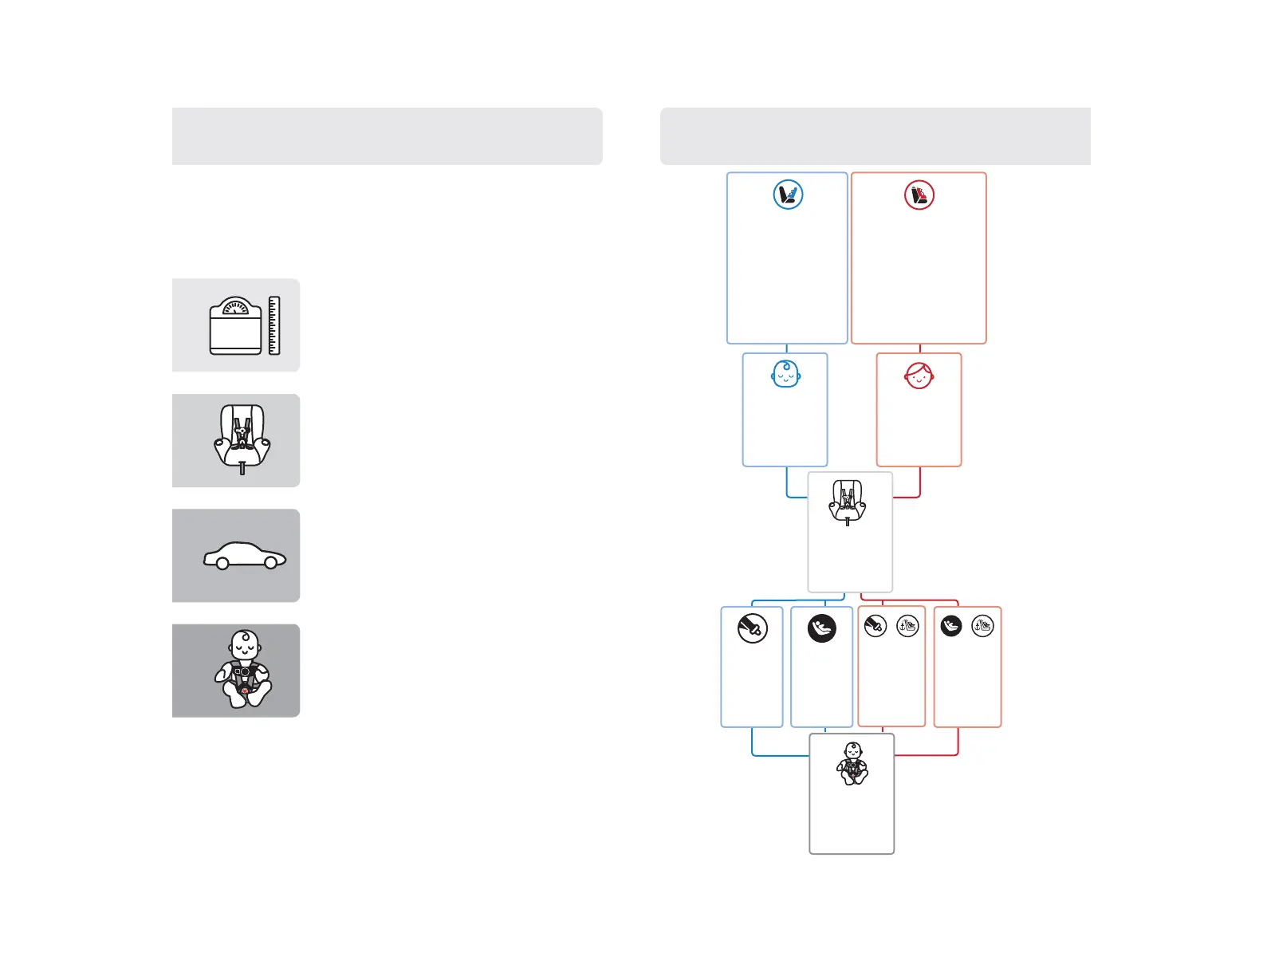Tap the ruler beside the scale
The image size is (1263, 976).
coord(274,325)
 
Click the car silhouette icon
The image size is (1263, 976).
coord(245,556)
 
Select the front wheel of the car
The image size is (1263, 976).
coord(270,563)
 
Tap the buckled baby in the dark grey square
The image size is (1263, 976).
coord(243,670)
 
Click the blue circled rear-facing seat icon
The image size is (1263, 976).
coord(788,195)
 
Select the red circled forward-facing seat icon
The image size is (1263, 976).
coord(919,195)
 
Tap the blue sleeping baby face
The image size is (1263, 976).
coord(785,374)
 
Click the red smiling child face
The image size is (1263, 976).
coord(919,375)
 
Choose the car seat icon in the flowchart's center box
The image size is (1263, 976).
coord(847,502)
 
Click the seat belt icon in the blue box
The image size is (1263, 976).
coord(753,628)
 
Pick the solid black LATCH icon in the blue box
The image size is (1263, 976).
coord(821,628)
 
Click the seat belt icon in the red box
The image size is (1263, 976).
coord(875,627)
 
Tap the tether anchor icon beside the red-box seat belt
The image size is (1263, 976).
coord(907,627)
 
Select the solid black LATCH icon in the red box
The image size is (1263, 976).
coord(951,627)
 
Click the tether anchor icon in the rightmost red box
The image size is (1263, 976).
coord(982,627)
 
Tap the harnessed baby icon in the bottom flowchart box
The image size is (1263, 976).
coord(852,763)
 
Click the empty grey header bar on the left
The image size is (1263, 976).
coord(387,136)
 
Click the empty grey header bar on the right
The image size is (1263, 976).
coord(875,136)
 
